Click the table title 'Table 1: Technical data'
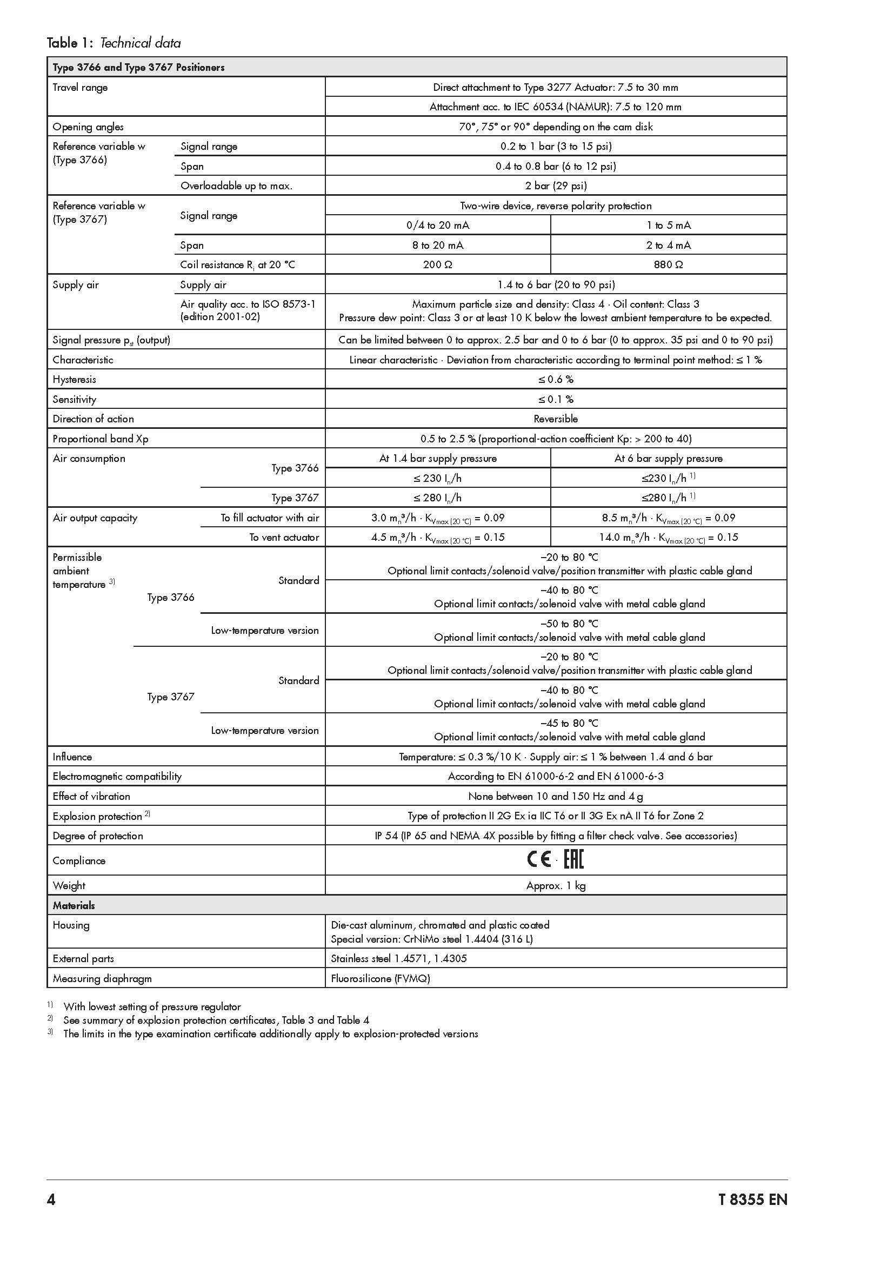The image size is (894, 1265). point(114,43)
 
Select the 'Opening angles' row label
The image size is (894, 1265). point(88,127)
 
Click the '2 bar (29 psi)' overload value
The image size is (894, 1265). point(556,186)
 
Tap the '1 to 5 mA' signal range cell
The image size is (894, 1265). point(668,226)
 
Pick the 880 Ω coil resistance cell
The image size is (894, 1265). point(668,265)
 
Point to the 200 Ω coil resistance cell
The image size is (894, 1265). point(438,265)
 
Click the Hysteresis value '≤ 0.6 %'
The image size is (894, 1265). point(556,380)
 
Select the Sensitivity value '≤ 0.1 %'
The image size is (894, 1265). point(556,400)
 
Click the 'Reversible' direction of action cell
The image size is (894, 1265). point(556,419)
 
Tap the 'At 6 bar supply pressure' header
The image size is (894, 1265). point(668,459)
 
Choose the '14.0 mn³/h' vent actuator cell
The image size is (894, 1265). point(668,538)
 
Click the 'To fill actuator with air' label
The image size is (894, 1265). point(270,518)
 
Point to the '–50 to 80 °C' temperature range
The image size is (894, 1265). point(569,624)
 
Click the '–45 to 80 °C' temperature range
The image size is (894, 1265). point(569,723)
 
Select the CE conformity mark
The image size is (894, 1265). point(539,860)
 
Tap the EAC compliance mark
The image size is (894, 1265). point(573,860)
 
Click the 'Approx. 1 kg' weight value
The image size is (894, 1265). point(556,885)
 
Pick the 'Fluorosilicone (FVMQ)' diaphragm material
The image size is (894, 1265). point(381,978)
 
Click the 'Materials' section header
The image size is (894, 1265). point(74,905)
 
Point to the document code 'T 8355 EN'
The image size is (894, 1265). point(752,1200)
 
